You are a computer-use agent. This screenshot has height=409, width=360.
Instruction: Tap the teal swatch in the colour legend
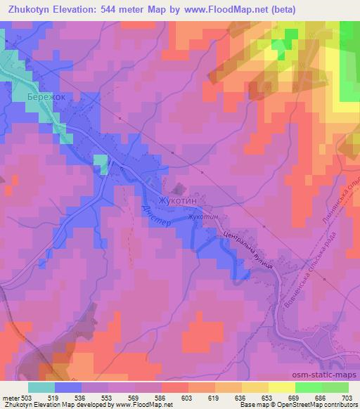[41, 387]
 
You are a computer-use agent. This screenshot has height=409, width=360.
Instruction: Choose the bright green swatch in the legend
[309, 387]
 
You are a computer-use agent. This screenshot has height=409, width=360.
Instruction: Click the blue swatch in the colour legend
[68, 387]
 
